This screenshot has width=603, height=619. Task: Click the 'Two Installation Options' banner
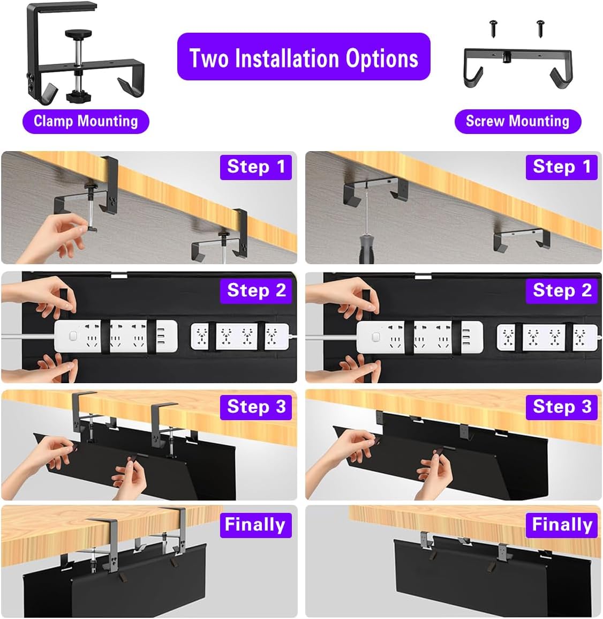(304, 57)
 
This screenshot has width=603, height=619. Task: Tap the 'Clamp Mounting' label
(86, 121)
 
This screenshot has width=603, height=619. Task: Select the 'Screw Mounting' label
(517, 121)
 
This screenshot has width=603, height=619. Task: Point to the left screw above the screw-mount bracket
(493, 27)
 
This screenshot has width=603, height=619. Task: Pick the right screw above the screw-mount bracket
(540, 27)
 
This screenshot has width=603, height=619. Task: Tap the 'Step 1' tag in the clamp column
(256, 167)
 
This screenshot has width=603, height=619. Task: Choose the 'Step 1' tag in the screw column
(561, 167)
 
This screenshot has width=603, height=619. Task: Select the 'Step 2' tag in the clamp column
(256, 290)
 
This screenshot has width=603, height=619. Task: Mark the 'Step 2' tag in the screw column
(561, 290)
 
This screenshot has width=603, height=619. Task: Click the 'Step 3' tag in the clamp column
(256, 407)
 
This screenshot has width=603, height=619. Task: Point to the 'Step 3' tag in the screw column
(561, 407)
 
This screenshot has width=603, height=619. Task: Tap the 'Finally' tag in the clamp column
(255, 524)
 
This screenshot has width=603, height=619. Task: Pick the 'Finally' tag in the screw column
(561, 524)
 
